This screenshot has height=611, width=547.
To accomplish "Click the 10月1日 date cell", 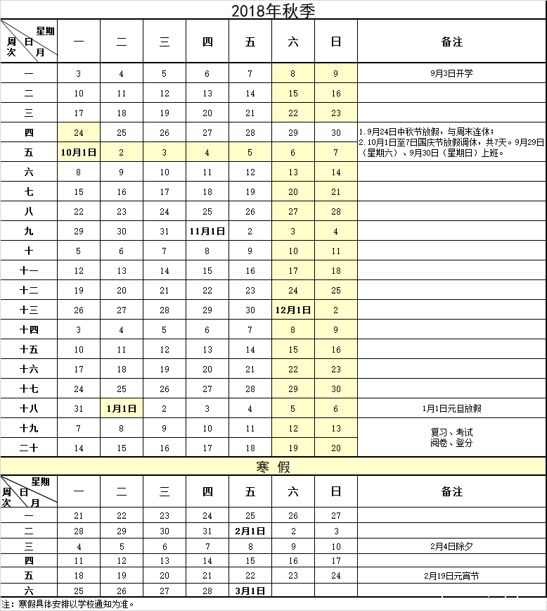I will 79,152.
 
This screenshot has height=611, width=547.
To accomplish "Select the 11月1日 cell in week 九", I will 207,231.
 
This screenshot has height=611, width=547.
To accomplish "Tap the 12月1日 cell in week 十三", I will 293,310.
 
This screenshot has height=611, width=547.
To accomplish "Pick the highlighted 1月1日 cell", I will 122,408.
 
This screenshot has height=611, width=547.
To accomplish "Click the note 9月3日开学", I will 452,73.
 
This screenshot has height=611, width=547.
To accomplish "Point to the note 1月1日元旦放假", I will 452,408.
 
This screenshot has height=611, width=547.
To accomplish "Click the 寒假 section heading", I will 273,467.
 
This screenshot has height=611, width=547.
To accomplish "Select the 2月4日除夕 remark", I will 452,546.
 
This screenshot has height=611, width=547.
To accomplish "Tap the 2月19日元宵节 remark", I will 452,576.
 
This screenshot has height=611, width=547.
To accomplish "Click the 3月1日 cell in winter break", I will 250,591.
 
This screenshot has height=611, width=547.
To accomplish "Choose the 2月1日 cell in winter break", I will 250,531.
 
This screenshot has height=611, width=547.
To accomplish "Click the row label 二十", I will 29,448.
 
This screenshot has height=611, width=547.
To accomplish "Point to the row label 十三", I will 29,310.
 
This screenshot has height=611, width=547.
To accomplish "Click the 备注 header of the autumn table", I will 452,42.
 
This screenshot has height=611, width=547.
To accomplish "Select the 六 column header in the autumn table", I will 293,42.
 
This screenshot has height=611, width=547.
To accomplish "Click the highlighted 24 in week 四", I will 79,132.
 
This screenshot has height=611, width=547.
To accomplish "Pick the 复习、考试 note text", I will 452,432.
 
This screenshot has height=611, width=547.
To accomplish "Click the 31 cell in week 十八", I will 79,408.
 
